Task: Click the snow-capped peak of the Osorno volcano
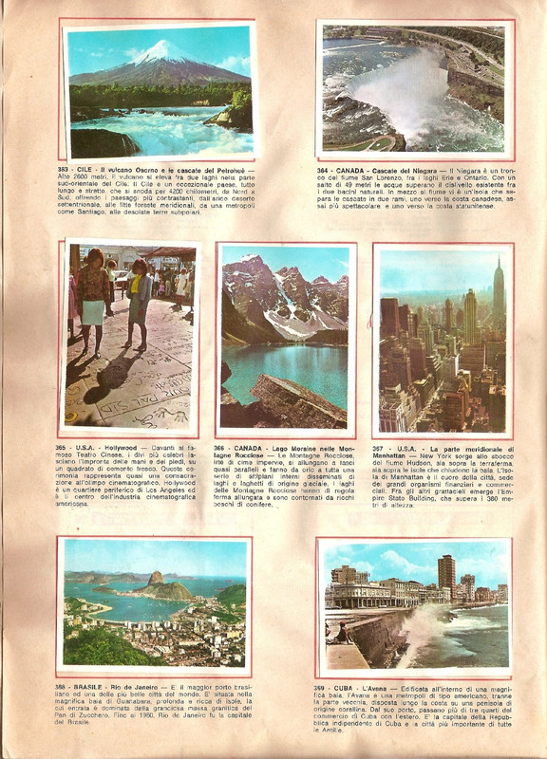159,49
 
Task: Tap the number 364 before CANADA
325,169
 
